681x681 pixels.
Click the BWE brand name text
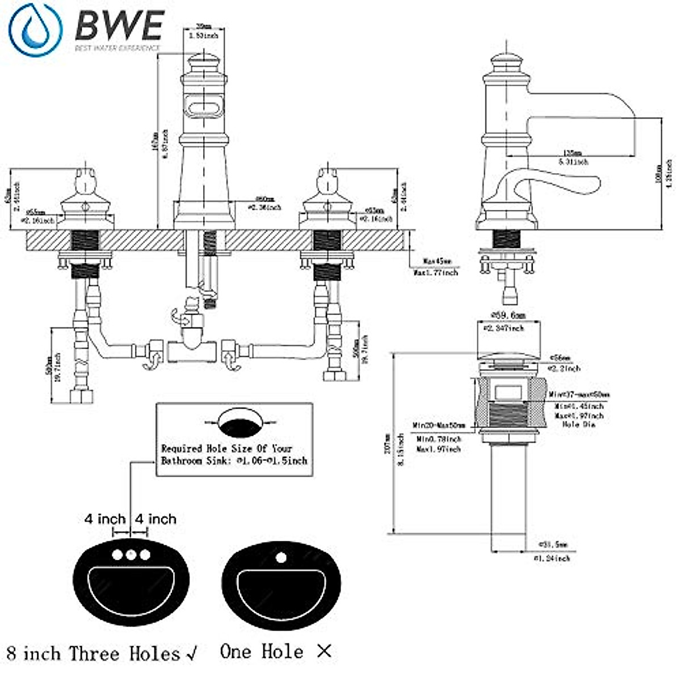(x=120, y=26)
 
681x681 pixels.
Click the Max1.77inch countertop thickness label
(x=436, y=272)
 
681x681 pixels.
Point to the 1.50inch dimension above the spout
(x=204, y=35)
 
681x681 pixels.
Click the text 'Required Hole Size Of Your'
(x=226, y=448)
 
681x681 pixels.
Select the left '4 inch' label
(x=105, y=519)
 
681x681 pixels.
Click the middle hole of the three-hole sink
(x=131, y=554)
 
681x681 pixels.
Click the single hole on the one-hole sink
(x=281, y=557)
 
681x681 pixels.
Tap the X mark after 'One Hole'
(x=324, y=651)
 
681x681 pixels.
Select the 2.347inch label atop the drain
(x=504, y=328)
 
